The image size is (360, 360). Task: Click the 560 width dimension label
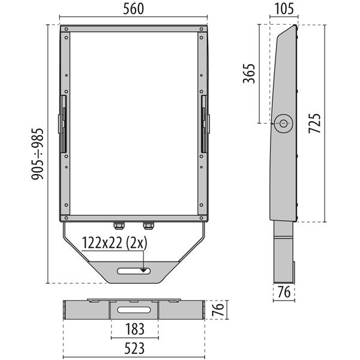click(x=134, y=9)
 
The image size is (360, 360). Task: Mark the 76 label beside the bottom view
click(x=220, y=311)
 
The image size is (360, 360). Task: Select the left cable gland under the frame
click(x=119, y=226)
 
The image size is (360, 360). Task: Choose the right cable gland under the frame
click(x=147, y=226)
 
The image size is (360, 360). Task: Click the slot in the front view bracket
click(x=134, y=271)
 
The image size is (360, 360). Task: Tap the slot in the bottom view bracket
click(x=134, y=311)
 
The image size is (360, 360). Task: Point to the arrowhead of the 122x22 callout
click(x=144, y=269)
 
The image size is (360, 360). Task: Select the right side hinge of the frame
click(x=206, y=123)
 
